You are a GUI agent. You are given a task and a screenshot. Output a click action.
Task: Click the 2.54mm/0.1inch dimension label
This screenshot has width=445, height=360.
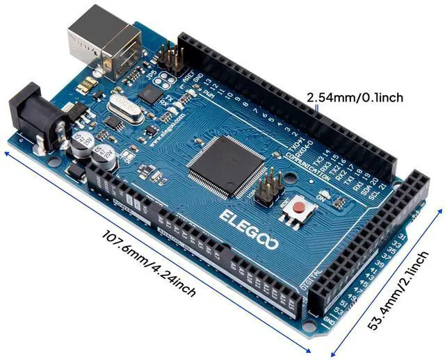click(355, 97)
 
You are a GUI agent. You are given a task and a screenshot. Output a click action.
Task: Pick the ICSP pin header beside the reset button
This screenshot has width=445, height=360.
click(266, 189)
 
